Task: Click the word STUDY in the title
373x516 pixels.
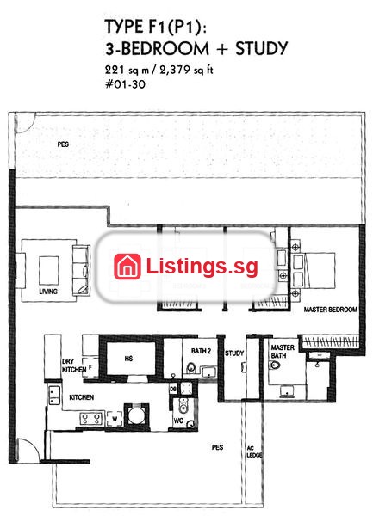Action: pos(262,48)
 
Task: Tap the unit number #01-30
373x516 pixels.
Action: pos(125,84)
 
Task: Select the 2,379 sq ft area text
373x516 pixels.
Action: pos(186,71)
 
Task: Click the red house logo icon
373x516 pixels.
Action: pos(127,267)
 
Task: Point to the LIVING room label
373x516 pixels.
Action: pos(48,292)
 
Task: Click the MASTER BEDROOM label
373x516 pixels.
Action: pos(331,310)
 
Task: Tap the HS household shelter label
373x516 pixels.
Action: pos(129,359)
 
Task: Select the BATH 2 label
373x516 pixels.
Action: pos(201,351)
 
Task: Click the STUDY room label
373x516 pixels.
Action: pos(234,353)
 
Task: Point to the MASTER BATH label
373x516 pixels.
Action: pos(283,352)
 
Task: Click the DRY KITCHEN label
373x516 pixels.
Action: pos(74,365)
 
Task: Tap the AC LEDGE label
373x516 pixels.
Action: pos(254,451)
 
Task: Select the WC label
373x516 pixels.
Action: pos(178,421)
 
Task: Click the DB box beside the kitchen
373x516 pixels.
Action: pos(173,389)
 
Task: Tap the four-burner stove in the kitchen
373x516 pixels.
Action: pos(91,419)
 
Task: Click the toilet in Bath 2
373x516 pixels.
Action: pos(190,367)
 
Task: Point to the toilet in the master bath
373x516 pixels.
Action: pos(274,365)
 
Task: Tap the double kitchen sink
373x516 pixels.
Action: pos(54,396)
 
